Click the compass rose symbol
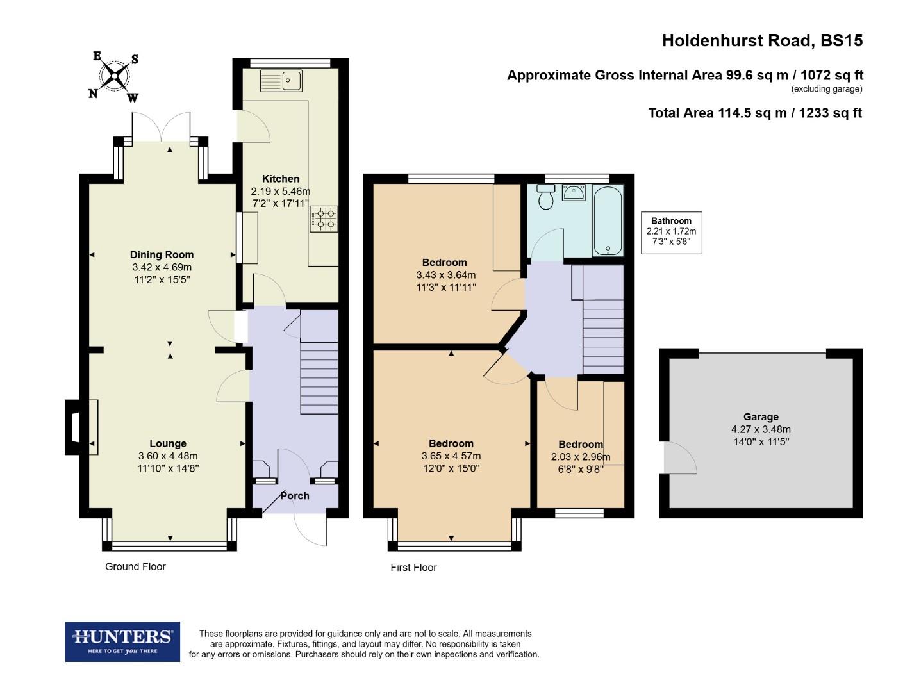[115, 77]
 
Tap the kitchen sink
[282, 81]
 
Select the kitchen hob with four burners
[324, 218]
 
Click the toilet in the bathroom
[546, 197]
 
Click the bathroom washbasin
[573, 192]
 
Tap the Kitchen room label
[281, 179]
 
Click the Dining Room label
[162, 254]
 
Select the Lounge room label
[168, 443]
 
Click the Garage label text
[761, 416]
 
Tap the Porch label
[295, 496]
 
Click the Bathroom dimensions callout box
[671, 233]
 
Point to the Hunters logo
[122, 641]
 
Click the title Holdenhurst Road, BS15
[762, 40]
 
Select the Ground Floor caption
[135, 566]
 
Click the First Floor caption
[413, 567]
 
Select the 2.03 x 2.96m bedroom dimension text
[581, 457]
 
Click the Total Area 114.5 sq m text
[754, 113]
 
